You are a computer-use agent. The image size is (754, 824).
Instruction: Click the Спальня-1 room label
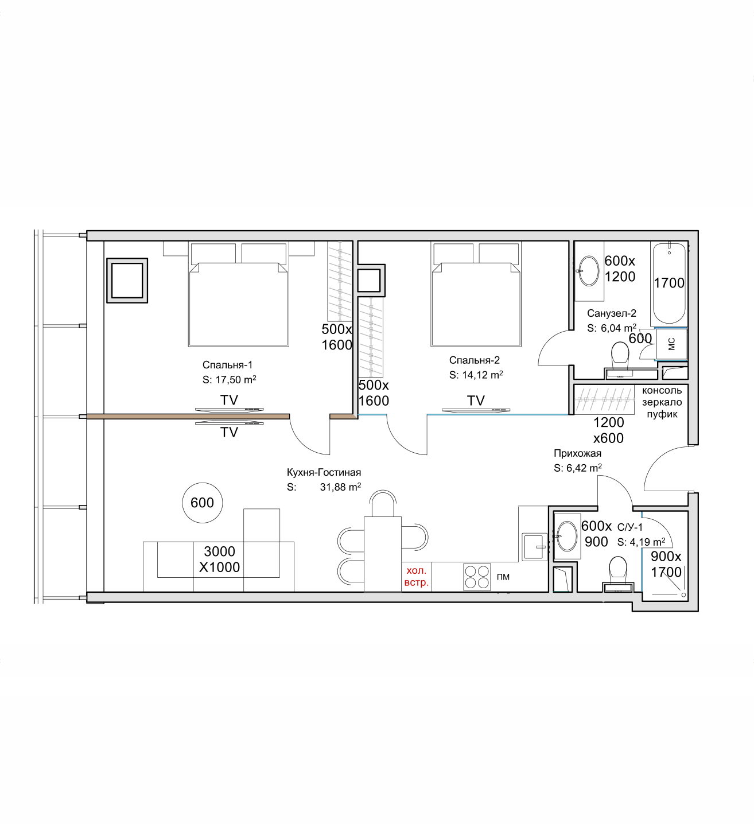tap(227, 365)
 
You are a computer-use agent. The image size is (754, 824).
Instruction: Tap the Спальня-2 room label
tap(474, 360)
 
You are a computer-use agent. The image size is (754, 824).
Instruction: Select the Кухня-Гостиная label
tap(324, 472)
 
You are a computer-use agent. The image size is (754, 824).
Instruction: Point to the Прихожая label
tap(577, 453)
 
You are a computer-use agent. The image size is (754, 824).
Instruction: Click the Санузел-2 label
tap(612, 313)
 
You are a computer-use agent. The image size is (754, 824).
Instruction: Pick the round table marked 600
tap(202, 503)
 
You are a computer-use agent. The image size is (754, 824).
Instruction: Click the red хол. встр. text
tap(416, 576)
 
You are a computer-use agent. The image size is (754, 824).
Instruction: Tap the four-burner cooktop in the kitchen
tap(477, 577)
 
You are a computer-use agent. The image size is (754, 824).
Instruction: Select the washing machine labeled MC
tap(671, 344)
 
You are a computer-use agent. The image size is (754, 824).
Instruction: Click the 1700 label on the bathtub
tap(669, 283)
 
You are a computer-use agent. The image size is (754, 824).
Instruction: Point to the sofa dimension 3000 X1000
tap(219, 559)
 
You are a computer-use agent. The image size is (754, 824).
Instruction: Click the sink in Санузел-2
tap(589, 271)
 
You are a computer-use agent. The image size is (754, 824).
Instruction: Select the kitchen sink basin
tap(534, 547)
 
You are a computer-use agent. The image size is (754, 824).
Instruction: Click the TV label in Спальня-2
tap(476, 401)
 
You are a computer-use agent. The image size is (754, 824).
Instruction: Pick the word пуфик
tap(662, 414)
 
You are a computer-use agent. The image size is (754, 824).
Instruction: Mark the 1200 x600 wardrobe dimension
tap(609, 430)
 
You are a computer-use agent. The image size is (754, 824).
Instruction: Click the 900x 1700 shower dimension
tap(666, 564)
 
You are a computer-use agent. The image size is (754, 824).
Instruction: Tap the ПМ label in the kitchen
tap(503, 577)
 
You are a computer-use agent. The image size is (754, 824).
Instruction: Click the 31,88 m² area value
tap(340, 487)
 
